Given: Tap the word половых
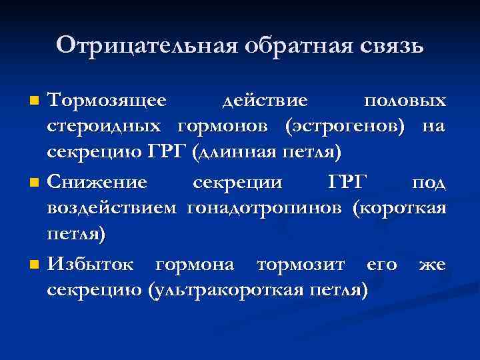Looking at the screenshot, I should [405, 101].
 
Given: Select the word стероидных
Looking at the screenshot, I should [104, 126].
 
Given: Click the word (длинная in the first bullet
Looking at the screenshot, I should [229, 152].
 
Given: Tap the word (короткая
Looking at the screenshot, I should [399, 208].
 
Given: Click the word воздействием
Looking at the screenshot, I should [112, 208].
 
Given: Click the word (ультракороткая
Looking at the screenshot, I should [229, 291].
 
